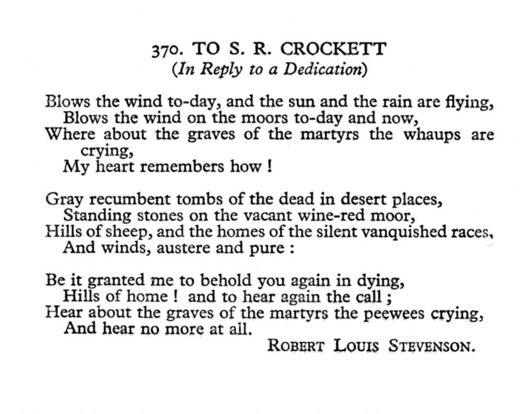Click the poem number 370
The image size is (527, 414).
[167, 50]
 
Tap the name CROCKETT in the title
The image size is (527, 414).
[333, 49]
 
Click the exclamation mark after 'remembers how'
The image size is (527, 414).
[270, 167]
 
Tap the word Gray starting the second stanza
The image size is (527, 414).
[64, 199]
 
